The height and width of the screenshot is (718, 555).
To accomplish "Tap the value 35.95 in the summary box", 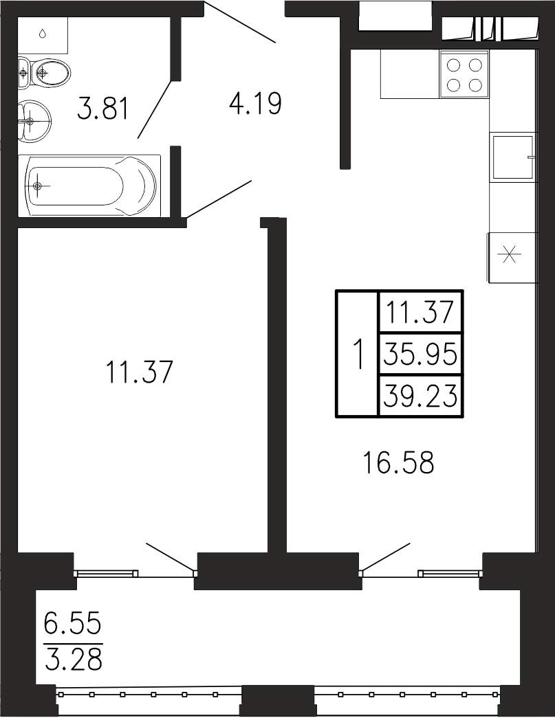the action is pyautogui.click(x=420, y=355).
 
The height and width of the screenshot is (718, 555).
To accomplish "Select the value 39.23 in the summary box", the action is pyautogui.click(x=420, y=394).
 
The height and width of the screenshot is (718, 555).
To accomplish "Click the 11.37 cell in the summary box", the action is pyautogui.click(x=420, y=313).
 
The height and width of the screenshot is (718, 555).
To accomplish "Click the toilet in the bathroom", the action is pyautogui.click(x=45, y=73).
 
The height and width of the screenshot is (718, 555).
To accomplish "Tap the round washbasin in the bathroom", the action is pyautogui.click(x=35, y=121).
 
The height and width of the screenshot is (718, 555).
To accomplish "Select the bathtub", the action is pyautogui.click(x=90, y=186).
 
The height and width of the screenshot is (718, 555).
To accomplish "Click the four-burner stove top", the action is pyautogui.click(x=464, y=74).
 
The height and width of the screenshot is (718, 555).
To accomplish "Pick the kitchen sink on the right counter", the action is pyautogui.click(x=513, y=157).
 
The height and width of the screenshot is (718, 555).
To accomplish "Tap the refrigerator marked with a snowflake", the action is pyautogui.click(x=512, y=258).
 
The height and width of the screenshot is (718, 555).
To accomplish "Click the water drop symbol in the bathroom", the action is pyautogui.click(x=42, y=34).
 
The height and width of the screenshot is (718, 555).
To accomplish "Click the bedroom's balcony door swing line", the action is pyautogui.click(x=171, y=557).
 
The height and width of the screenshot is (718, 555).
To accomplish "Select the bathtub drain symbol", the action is pyautogui.click(x=37, y=186).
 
